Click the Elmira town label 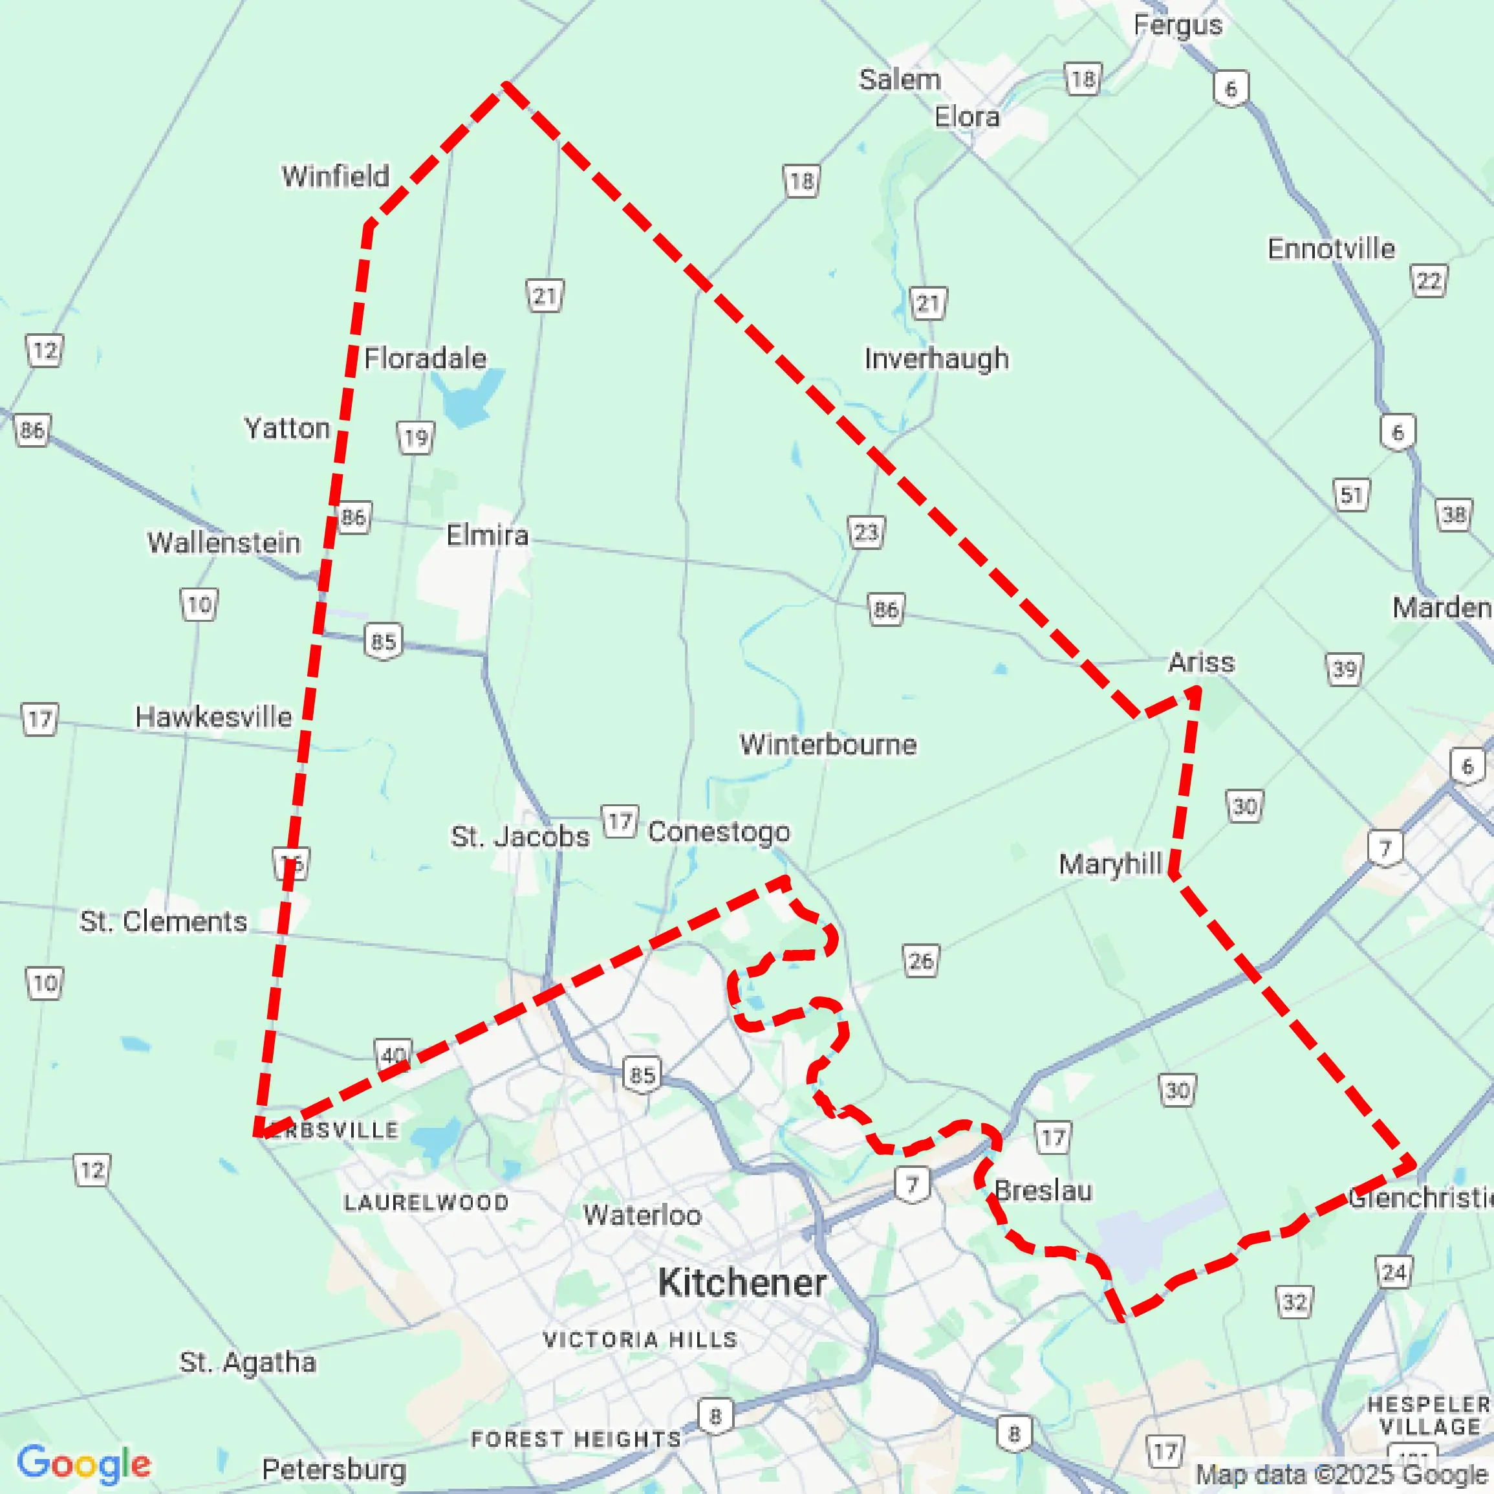[x=487, y=535]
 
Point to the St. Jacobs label [x=519, y=837]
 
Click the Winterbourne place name [x=827, y=744]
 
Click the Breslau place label [x=1043, y=1191]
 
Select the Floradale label [x=426, y=358]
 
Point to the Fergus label [x=1178, y=25]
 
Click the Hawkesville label [x=213, y=716]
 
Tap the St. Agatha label [x=248, y=1362]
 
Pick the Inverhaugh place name [x=936, y=358]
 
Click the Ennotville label [x=1331, y=248]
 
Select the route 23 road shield [x=865, y=533]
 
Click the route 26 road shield [x=920, y=961]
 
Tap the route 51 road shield [x=1351, y=494]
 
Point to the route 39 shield [x=1344, y=669]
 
